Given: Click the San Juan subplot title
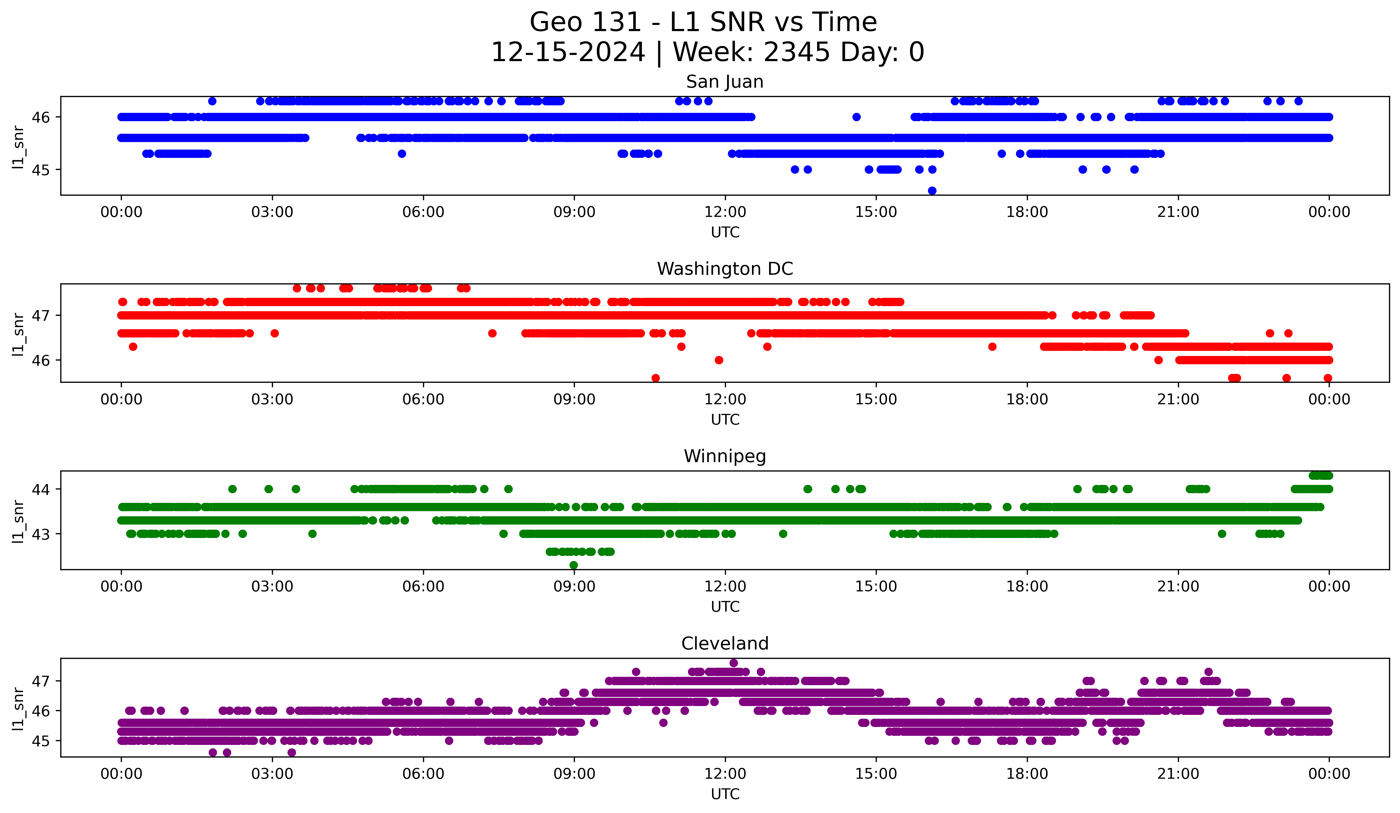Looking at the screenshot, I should click(724, 82).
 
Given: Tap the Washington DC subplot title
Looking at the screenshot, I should click(724, 269).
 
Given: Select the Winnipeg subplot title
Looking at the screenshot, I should click(724, 456).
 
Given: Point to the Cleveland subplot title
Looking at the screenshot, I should click(724, 644).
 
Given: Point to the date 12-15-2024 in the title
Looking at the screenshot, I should click(568, 52).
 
